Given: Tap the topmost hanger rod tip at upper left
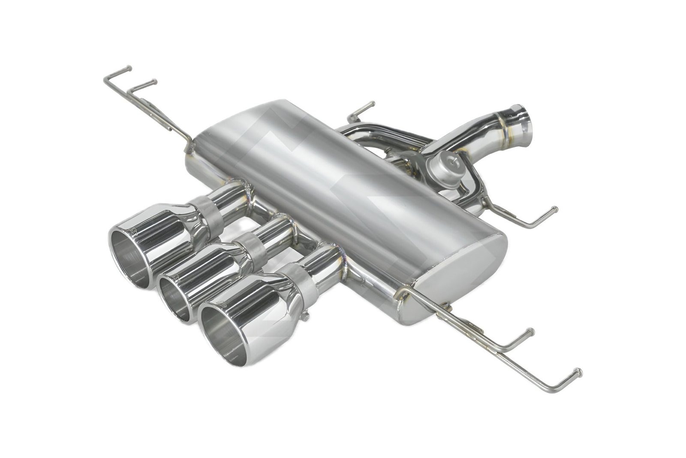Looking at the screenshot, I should pyautogui.click(x=129, y=68).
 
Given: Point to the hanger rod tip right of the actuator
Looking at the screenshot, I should pyautogui.click(x=556, y=209).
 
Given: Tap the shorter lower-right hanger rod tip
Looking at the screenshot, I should pyautogui.click(x=531, y=331).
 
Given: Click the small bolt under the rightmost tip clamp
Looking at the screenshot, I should pyautogui.click(x=305, y=317).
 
